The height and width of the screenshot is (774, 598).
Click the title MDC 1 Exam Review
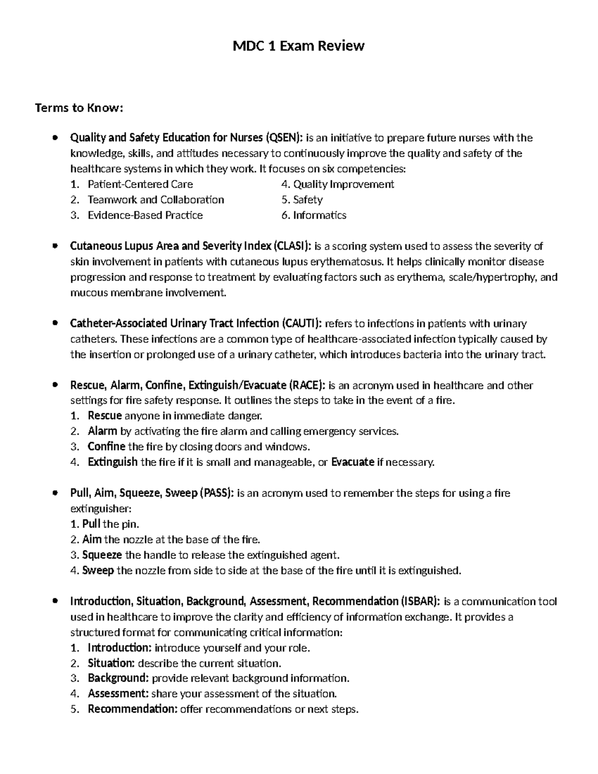[x=299, y=46]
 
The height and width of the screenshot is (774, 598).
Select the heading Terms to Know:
[x=79, y=108]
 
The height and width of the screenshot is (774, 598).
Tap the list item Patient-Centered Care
[x=140, y=184]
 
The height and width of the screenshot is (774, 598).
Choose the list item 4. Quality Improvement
[x=337, y=184]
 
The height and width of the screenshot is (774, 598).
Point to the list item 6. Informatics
[x=313, y=215]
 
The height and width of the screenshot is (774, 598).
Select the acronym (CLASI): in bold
[x=292, y=246]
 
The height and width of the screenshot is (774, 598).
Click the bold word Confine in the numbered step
[x=106, y=447]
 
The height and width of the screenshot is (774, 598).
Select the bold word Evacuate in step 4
[x=352, y=462]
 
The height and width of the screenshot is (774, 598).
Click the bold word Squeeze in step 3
[x=102, y=555]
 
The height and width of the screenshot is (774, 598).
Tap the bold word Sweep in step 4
[x=98, y=571]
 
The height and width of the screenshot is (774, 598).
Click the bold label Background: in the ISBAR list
[x=118, y=678]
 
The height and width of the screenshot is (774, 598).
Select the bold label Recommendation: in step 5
[x=132, y=709]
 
